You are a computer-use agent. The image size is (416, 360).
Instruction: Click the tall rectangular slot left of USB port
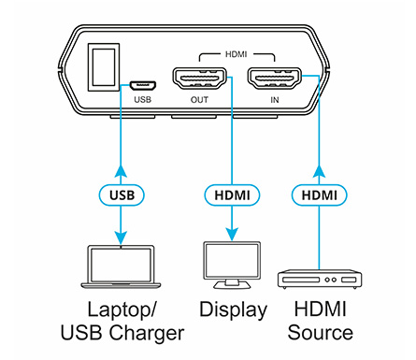coord(100,68)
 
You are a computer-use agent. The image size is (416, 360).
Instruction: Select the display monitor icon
coord(231,266)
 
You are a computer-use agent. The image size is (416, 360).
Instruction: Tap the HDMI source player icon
coord(319,280)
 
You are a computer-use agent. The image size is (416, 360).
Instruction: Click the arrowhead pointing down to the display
coord(231,235)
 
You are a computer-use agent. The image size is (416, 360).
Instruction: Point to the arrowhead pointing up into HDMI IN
coord(319,169)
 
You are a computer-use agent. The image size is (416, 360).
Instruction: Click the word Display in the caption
coord(233,310)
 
